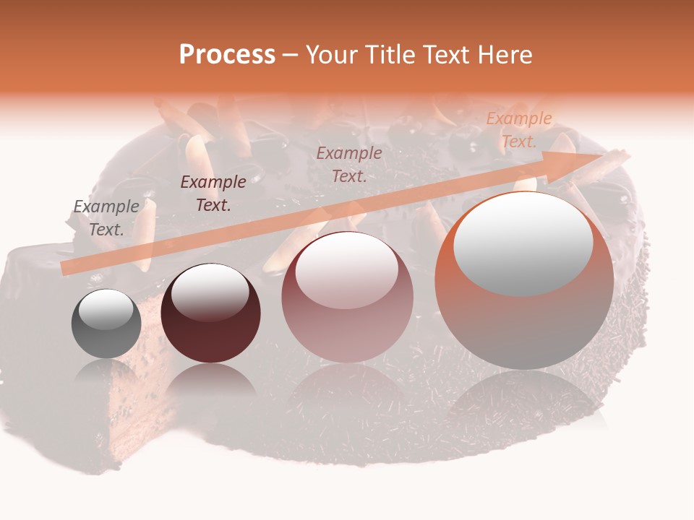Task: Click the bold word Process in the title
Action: tap(227, 55)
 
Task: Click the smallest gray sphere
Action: tap(106, 324)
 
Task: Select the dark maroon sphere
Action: tap(210, 313)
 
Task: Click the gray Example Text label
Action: tap(106, 218)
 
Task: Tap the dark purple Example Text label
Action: tap(213, 194)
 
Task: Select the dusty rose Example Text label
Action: tap(349, 165)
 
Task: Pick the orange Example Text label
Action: tap(519, 130)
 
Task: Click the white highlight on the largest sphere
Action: tap(523, 243)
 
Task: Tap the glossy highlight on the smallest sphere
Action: tap(106, 309)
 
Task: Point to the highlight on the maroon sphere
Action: tap(210, 291)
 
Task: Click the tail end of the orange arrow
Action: tap(67, 268)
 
